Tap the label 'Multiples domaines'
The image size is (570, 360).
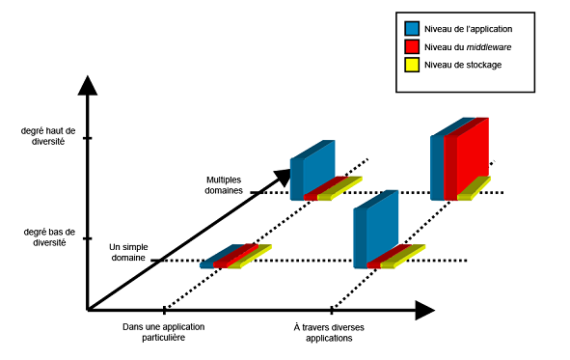(229, 185)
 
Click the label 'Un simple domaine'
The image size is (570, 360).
(128, 254)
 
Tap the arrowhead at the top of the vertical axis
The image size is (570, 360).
(87, 84)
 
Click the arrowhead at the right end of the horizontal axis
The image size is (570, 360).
(425, 310)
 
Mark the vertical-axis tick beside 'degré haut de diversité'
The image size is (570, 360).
(87, 138)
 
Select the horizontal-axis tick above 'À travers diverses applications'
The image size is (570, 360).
(332, 310)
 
